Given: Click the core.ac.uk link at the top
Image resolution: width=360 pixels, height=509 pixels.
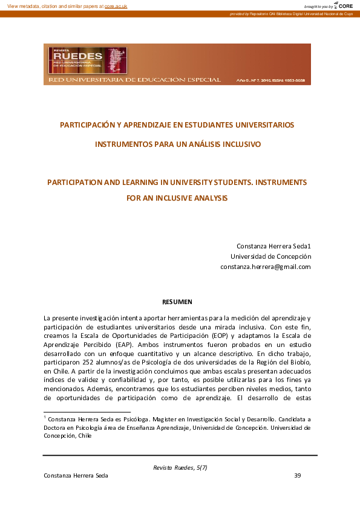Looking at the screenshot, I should pyautogui.click(x=116, y=5).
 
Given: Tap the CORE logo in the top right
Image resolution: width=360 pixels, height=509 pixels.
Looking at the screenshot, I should pyautogui.click(x=344, y=5).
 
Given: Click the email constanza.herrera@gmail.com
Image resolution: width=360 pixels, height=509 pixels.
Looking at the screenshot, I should pyautogui.click(x=266, y=267).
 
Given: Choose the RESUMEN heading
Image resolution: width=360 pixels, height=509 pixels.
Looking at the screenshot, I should pyautogui.click(x=177, y=301).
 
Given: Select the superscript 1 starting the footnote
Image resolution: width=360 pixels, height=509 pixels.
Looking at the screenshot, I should pyautogui.click(x=45, y=417).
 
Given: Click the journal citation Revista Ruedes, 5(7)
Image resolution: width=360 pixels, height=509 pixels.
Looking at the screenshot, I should pyautogui.click(x=180, y=467).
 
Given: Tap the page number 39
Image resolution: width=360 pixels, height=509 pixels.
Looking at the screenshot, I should pyautogui.click(x=297, y=475).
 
